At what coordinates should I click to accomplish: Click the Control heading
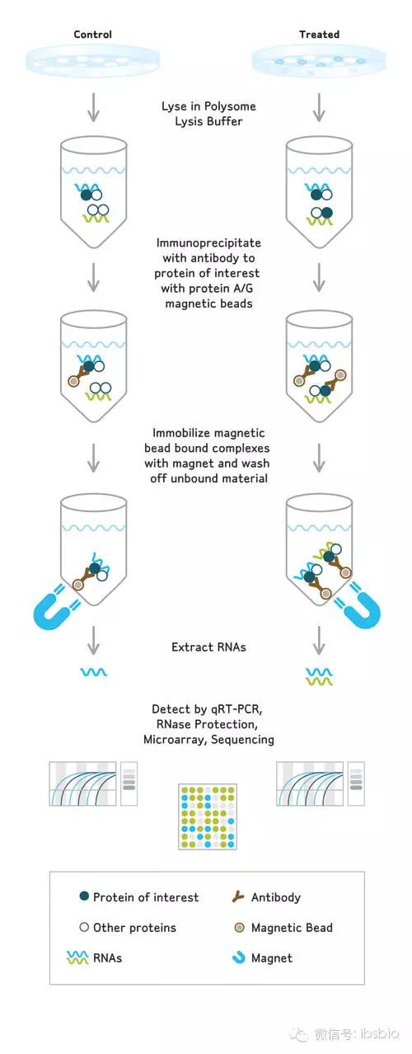pos(92,35)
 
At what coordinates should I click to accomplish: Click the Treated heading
pos(320,35)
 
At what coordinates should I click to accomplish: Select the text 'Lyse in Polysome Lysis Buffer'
pos(208,114)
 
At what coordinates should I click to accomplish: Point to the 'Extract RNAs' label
pos(208,647)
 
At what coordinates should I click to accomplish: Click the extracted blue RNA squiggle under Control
pos(94,672)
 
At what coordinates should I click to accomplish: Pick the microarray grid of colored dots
pos(208,816)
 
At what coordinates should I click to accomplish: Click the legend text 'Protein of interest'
pos(146,897)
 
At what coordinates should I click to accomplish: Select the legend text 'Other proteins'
pos(134,928)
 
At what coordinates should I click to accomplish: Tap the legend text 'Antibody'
pos(275,897)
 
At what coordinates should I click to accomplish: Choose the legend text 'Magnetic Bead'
pos(292,928)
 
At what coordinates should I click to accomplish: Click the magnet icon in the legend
pos(239,958)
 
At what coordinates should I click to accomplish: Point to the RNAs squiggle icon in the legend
pos(77,958)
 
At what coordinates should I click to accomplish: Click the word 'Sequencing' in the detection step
pos(242,739)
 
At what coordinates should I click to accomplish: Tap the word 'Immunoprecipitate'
pos(208,242)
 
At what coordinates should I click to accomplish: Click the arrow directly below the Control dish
pos(94,107)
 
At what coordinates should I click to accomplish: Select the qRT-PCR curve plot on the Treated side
pos(310,784)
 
